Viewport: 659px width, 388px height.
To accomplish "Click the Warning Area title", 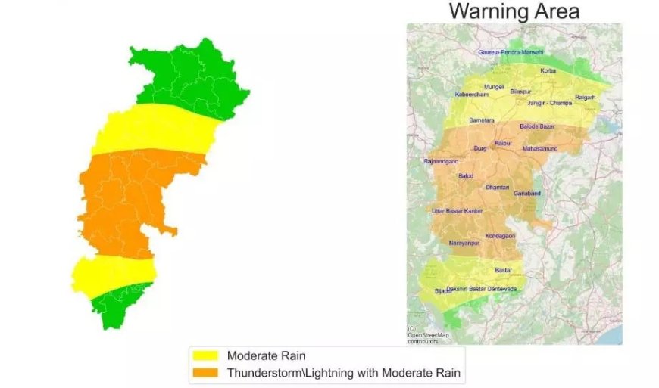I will click(x=514, y=11).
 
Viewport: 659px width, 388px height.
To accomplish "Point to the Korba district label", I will click(x=548, y=71).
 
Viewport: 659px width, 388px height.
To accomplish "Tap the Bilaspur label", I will click(x=520, y=91).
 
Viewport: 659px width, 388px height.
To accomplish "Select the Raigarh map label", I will click(x=586, y=98).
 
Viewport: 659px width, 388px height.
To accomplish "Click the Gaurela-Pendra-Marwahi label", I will click(x=511, y=52).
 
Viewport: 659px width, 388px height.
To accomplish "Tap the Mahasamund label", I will click(x=540, y=149).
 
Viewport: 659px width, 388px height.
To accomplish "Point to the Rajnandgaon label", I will click(x=442, y=162).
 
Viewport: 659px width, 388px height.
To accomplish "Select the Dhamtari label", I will click(x=498, y=187).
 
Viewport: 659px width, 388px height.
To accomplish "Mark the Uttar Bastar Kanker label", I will click(x=457, y=210).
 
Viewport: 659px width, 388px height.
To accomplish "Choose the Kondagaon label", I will click(x=500, y=236).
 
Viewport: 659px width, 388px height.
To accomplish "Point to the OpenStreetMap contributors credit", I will click(x=428, y=337).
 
